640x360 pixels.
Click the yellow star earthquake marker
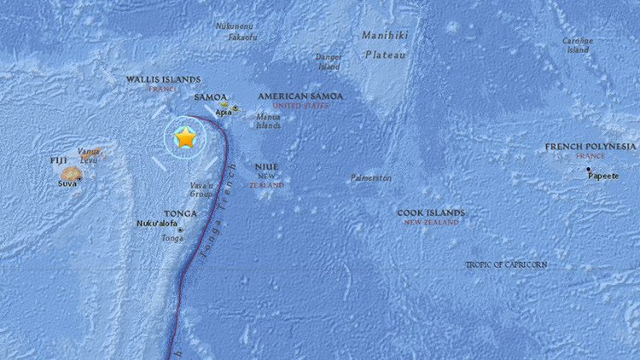click(185, 137)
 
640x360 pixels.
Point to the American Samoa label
click(300, 96)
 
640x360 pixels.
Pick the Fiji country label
click(58, 160)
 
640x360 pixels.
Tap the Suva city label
click(67, 183)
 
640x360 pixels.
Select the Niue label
click(267, 166)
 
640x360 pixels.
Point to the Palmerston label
click(371, 178)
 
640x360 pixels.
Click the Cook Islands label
click(431, 212)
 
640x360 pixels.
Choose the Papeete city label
click(603, 176)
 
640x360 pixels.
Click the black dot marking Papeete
click(589, 169)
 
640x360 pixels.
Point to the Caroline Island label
click(577, 44)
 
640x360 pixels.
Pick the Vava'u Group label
click(202, 189)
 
